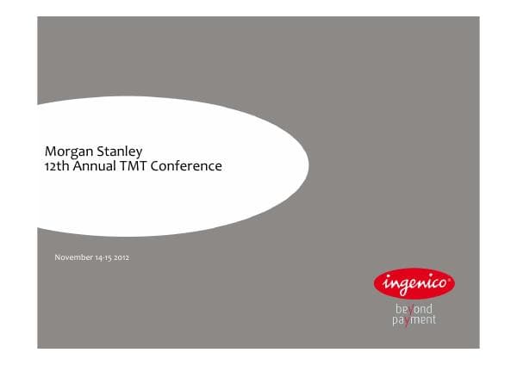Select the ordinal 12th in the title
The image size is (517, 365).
(56, 165)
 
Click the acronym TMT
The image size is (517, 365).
(134, 165)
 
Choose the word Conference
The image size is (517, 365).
(186, 165)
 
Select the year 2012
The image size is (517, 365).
(121, 257)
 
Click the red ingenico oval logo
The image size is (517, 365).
(414, 281)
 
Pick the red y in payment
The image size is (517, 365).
(407, 320)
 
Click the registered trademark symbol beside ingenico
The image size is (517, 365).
(451, 273)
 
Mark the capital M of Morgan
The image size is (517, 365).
(50, 152)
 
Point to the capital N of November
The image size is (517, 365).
(57, 257)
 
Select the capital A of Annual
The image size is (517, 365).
(77, 165)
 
